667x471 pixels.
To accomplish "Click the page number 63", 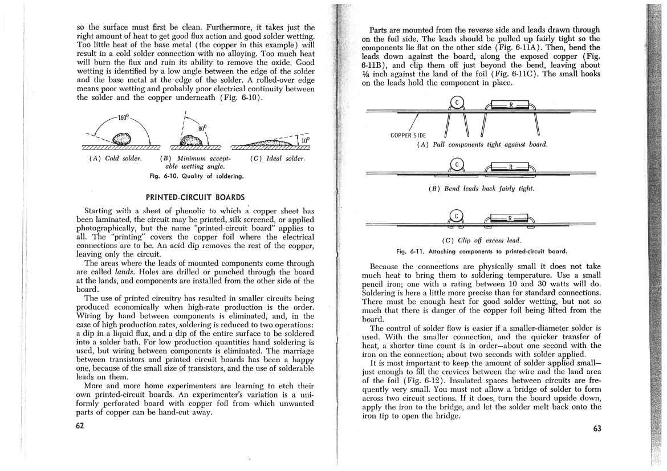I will tap(596, 429).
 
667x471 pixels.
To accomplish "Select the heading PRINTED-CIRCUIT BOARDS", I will tap(196, 197).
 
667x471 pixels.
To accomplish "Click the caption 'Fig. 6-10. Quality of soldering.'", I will tap(196, 176).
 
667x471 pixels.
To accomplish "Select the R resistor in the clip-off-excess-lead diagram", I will tap(511, 218).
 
